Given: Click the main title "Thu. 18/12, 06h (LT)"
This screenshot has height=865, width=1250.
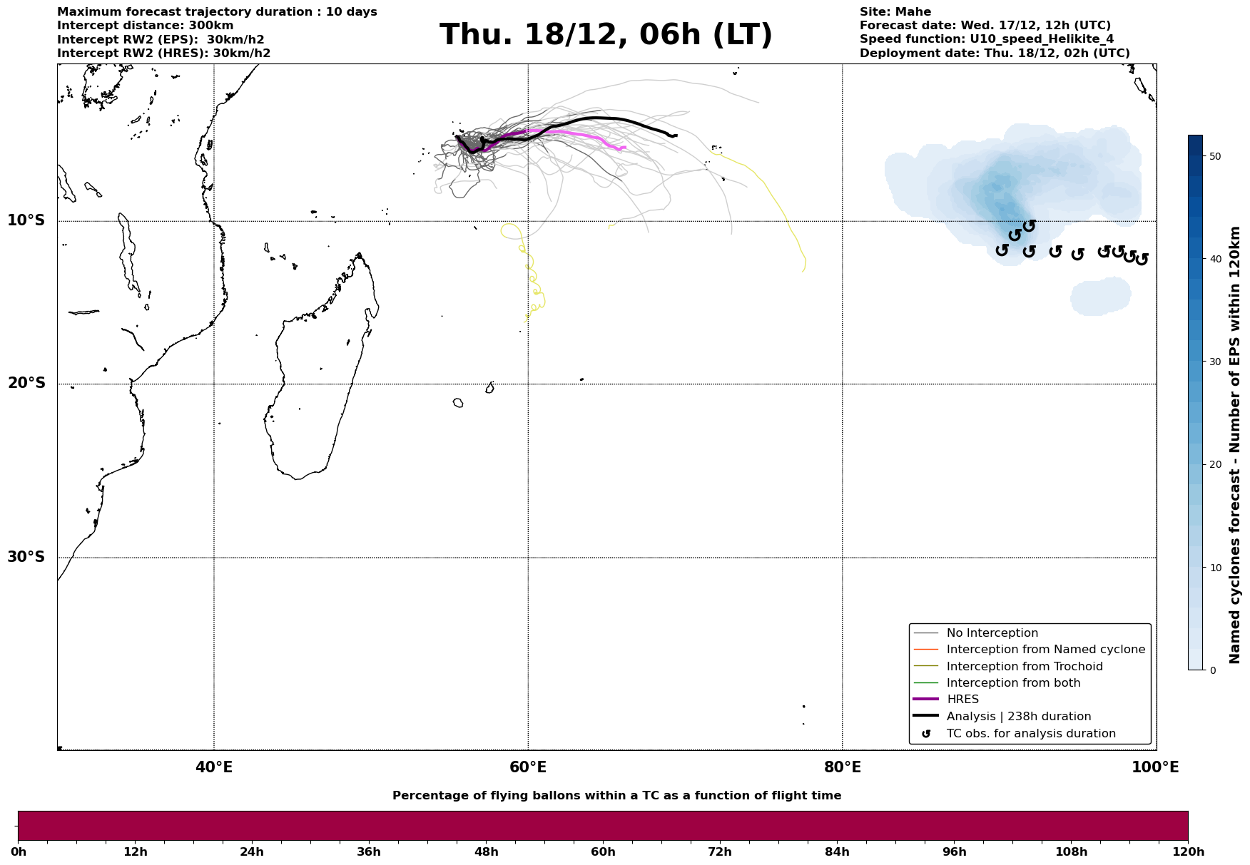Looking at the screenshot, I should [606, 35].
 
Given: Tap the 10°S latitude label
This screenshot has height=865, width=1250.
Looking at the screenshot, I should [26, 220].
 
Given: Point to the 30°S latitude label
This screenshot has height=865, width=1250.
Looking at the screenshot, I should [26, 557].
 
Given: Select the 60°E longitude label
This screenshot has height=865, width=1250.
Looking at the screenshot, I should [528, 768].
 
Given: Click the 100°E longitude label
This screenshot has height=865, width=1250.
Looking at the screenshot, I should [1155, 768].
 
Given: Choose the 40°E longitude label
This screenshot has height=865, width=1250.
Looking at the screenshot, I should [214, 768].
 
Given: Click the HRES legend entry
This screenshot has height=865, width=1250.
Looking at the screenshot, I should [962, 700].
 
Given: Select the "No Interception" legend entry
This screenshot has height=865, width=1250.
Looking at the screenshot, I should [992, 633].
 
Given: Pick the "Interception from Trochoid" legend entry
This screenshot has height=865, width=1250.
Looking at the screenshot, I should [1024, 667].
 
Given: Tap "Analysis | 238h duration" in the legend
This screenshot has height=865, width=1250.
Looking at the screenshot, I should [1018, 717].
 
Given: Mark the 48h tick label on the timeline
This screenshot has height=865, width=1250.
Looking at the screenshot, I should [486, 852].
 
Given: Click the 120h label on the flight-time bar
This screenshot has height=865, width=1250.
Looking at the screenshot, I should [1188, 852].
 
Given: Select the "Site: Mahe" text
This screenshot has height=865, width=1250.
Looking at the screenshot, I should [895, 12].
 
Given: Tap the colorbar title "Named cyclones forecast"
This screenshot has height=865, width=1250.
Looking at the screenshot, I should [1235, 445].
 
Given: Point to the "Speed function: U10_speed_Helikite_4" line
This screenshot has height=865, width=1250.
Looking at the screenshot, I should [986, 39].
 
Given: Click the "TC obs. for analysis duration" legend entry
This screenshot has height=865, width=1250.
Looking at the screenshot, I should [1030, 734].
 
